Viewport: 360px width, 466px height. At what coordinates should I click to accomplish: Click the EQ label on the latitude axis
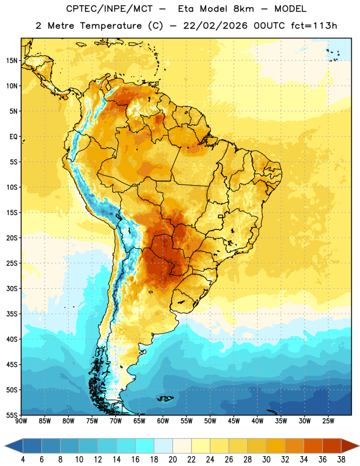coord(13,137)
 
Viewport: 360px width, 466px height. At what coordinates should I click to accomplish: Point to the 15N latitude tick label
coord(12,61)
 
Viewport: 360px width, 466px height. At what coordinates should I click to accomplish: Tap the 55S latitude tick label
coord(12,415)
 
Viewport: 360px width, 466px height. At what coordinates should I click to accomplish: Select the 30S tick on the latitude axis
coord(12,288)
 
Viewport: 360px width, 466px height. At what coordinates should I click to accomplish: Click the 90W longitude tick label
coord(21,421)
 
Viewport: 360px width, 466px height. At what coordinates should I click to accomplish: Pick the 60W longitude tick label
coord(163,421)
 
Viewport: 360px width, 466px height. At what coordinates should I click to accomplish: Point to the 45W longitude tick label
coord(234,421)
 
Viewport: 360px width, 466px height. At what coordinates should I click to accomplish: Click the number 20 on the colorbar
coord(172,460)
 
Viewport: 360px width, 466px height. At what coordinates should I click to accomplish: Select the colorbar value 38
coord(341,460)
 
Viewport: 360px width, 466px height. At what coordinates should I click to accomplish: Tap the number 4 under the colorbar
coord(23,460)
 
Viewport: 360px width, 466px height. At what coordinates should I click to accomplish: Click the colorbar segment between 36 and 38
coord(332,446)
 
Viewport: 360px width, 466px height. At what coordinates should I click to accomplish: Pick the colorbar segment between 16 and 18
coord(144,446)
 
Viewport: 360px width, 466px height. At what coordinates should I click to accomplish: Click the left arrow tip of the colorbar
coord(5,446)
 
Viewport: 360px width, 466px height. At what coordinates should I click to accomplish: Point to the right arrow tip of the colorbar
coord(359,446)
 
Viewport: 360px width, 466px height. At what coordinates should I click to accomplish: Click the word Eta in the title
coord(186,9)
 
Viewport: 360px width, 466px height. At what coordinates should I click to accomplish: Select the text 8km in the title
coord(244,9)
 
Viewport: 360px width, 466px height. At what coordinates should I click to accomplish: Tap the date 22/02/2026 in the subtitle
coord(216,26)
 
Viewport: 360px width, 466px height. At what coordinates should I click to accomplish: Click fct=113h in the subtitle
coord(314,26)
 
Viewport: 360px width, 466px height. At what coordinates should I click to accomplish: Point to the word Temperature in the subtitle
coord(111,26)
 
